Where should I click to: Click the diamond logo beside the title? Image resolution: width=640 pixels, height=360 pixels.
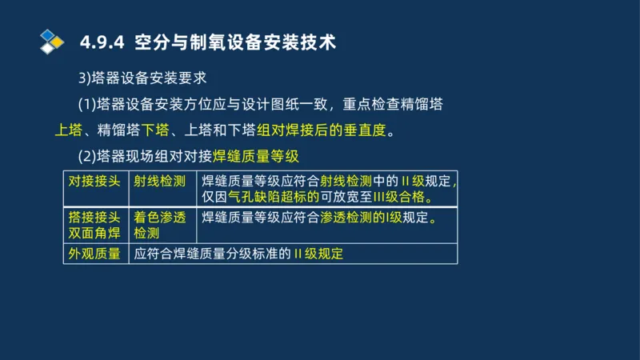51,41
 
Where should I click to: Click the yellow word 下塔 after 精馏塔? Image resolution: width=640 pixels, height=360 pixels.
155,130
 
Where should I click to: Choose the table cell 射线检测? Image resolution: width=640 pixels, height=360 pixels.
159,181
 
